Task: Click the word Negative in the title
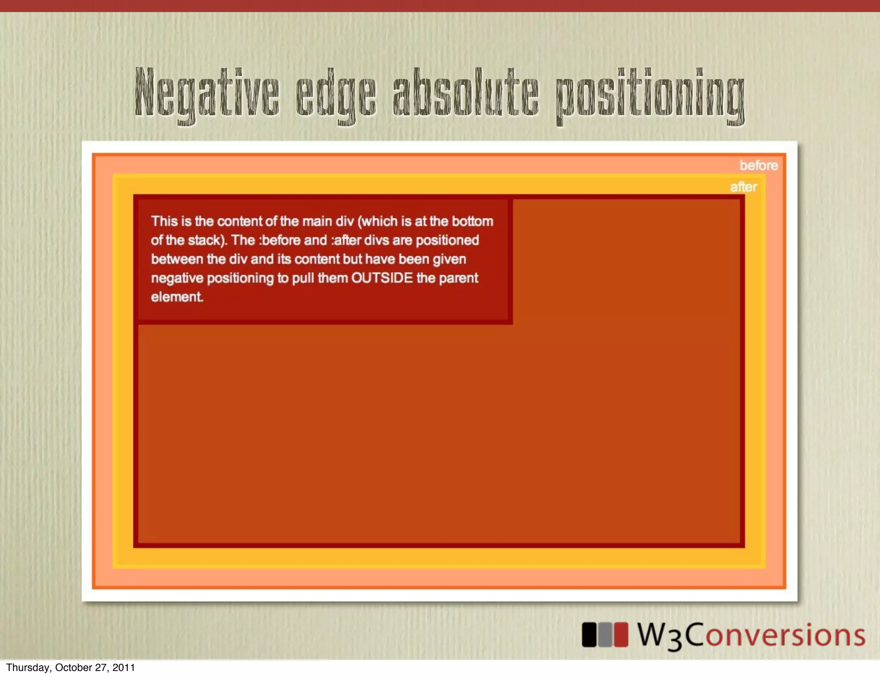click(207, 93)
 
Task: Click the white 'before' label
click(758, 165)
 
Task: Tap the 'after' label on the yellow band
click(743, 187)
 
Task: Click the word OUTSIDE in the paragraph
click(382, 278)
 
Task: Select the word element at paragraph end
click(177, 297)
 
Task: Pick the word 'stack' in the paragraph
click(204, 240)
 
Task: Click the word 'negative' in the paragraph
click(177, 278)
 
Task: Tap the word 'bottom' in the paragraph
click(473, 221)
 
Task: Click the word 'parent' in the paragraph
click(458, 278)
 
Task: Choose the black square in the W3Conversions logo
click(589, 635)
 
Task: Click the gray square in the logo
click(605, 635)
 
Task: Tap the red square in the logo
click(620, 635)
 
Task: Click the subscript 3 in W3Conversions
click(675, 640)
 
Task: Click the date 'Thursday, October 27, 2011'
click(70, 668)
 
